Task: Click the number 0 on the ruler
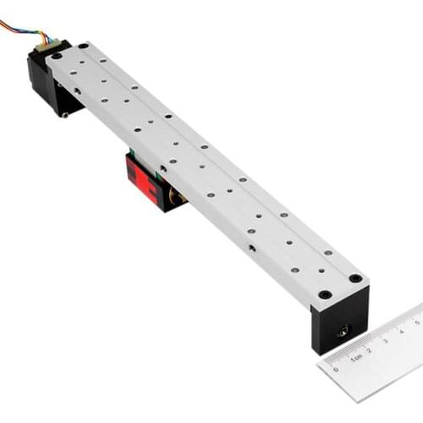pos(336,369)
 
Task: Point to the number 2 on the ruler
pos(369,349)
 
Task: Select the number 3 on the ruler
pos(385,340)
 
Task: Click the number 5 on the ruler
pos(416,321)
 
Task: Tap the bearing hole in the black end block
pos(343,331)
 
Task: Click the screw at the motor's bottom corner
pos(63,114)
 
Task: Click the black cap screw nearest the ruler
pos(356,278)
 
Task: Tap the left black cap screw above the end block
pos(325,294)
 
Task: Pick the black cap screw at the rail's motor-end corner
pos(84,46)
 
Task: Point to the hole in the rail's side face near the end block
pos(251,248)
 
